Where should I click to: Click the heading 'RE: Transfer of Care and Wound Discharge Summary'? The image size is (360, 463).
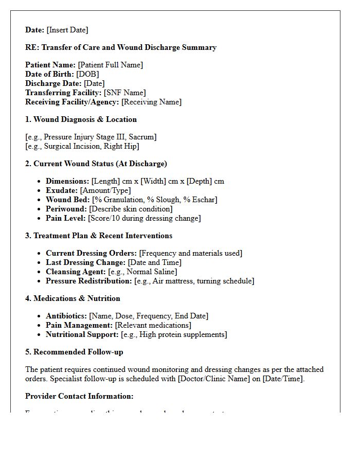[121, 47]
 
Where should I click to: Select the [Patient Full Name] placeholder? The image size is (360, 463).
[110, 65]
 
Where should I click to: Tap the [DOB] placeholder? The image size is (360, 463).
[87, 74]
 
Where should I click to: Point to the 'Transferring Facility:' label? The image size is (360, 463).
[63, 93]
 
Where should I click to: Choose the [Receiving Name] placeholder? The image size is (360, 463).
[151, 102]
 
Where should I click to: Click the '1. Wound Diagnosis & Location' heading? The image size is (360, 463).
[81, 119]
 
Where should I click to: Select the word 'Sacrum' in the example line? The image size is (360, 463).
[143, 137]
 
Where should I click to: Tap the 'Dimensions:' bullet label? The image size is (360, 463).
[67, 181]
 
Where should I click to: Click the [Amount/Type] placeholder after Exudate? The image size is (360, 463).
[105, 190]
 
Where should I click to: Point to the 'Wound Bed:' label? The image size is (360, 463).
[68, 200]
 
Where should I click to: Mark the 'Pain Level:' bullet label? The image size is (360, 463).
[66, 218]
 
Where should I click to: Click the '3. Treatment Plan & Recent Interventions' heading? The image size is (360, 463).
[99, 236]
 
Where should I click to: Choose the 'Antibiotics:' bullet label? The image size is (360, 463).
[66, 316]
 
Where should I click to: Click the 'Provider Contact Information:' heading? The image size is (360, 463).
[79, 396]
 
